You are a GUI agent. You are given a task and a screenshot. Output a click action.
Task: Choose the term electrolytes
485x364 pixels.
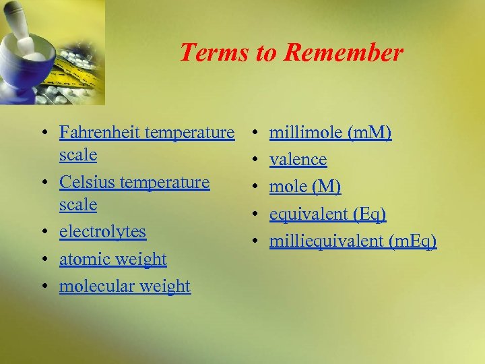[x=102, y=231]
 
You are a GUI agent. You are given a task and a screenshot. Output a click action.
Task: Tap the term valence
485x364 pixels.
[x=298, y=160]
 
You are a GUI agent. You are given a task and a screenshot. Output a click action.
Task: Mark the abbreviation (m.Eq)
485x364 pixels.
[x=412, y=241]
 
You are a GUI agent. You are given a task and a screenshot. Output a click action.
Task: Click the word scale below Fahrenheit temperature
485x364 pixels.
[x=78, y=154]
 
